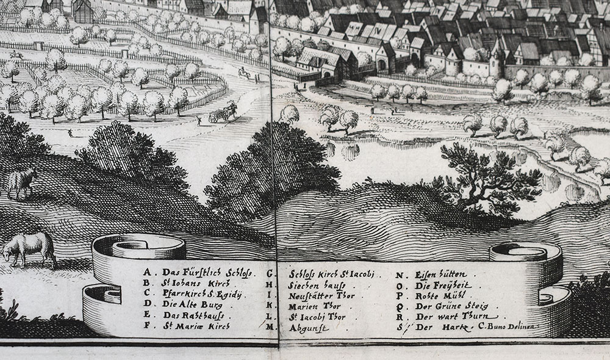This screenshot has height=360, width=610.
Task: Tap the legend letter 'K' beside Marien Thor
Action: tap(270, 306)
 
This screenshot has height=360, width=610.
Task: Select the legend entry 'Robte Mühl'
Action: tap(440, 295)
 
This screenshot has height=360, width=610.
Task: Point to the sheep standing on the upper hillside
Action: tap(22, 182)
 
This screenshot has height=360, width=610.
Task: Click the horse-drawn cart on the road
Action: tap(223, 113)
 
